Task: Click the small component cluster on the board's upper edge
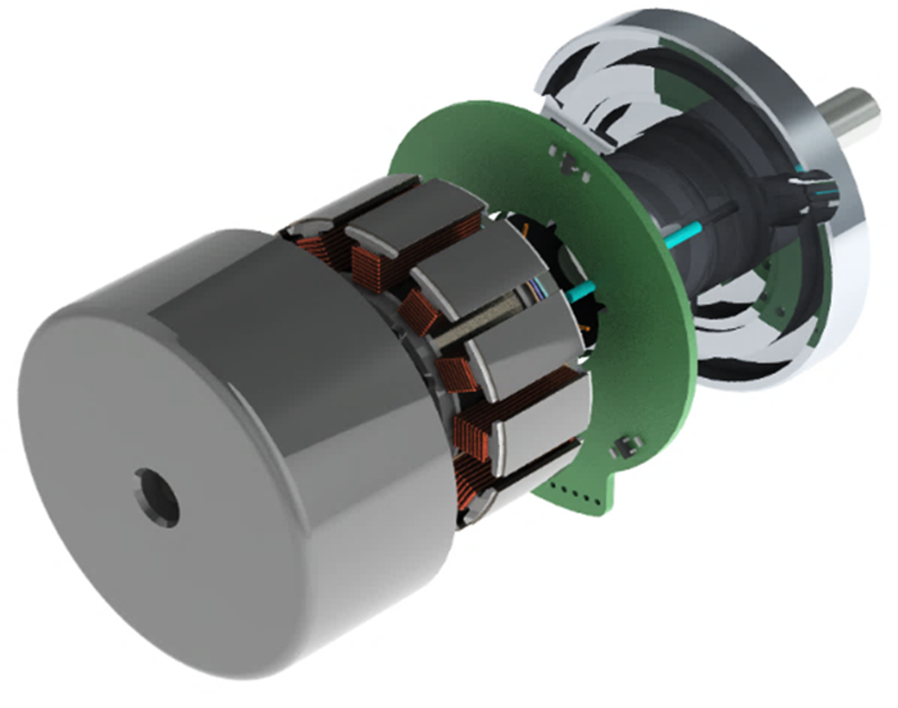pyautogui.click(x=568, y=164)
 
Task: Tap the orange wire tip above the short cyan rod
pyautogui.click(x=526, y=228)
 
